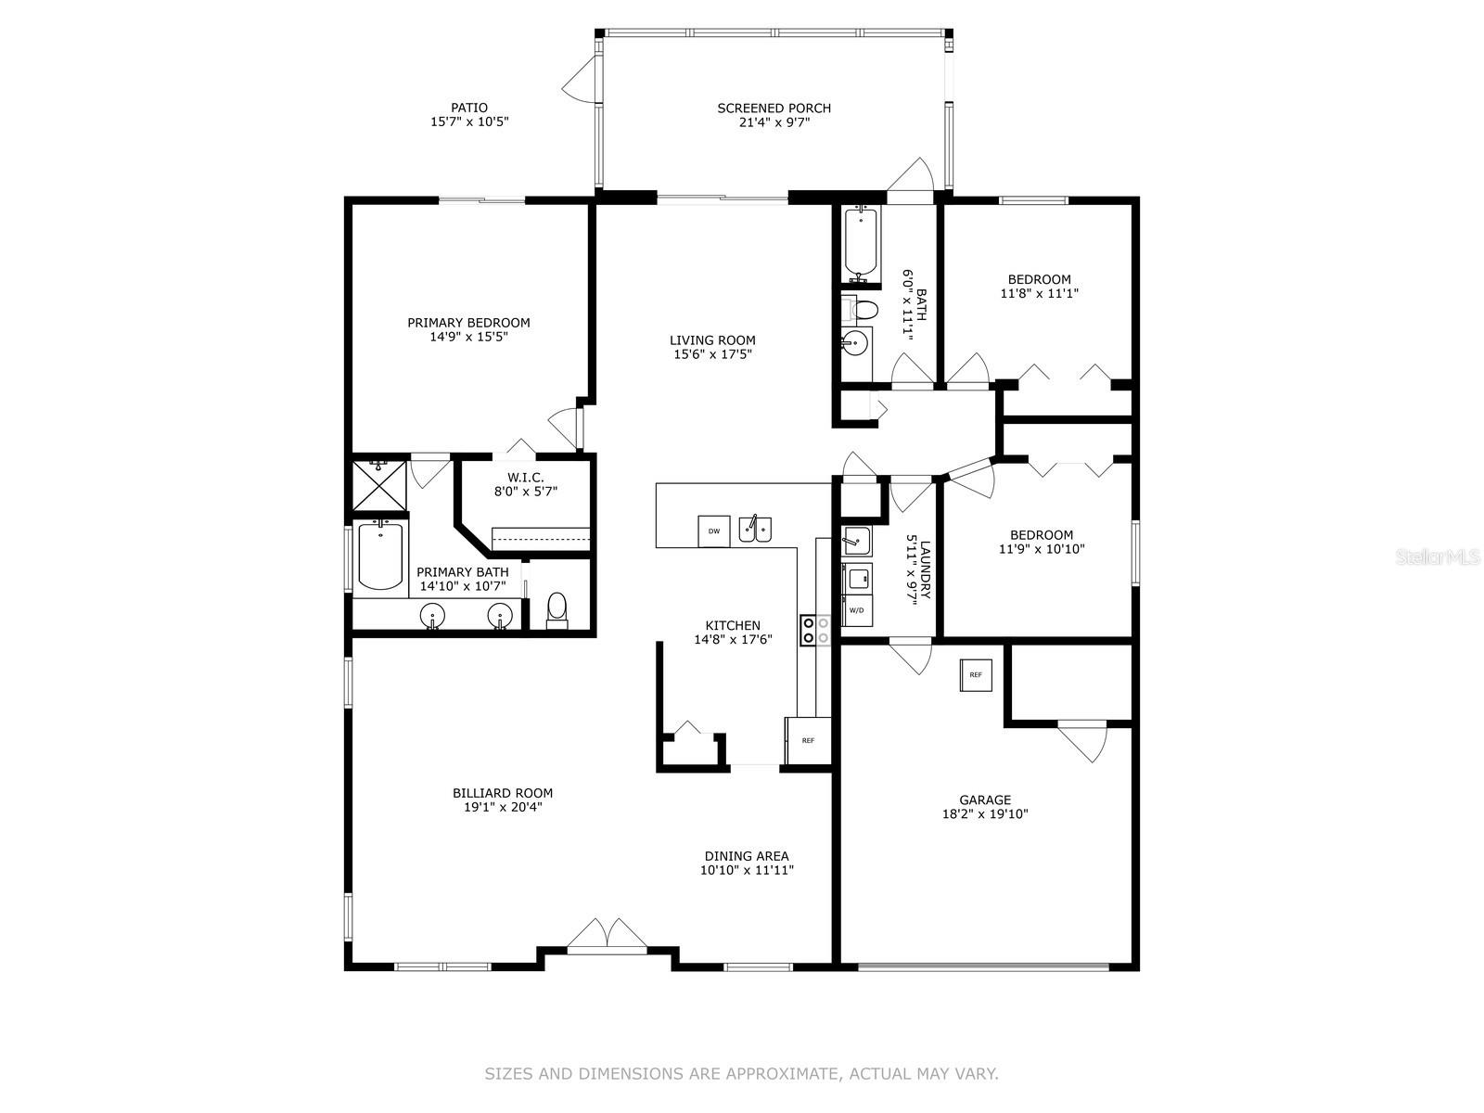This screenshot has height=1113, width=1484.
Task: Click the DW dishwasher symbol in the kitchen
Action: (713, 531)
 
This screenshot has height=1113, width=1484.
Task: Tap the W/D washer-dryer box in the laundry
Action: (857, 611)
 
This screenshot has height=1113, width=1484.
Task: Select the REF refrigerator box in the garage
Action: (976, 675)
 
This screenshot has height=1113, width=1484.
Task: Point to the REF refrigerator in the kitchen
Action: (808, 741)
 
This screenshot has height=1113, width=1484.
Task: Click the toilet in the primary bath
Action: (556, 610)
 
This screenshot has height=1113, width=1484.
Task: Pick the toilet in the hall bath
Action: (861, 311)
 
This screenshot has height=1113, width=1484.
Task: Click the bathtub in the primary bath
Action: (380, 555)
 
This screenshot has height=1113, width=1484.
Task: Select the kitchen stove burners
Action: (815, 630)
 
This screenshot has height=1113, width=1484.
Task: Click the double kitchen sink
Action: (755, 529)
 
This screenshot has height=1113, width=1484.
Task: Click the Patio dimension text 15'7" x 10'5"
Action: (469, 122)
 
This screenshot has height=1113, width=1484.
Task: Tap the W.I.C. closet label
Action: (525, 478)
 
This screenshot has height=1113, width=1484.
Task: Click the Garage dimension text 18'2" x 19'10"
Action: (985, 814)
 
